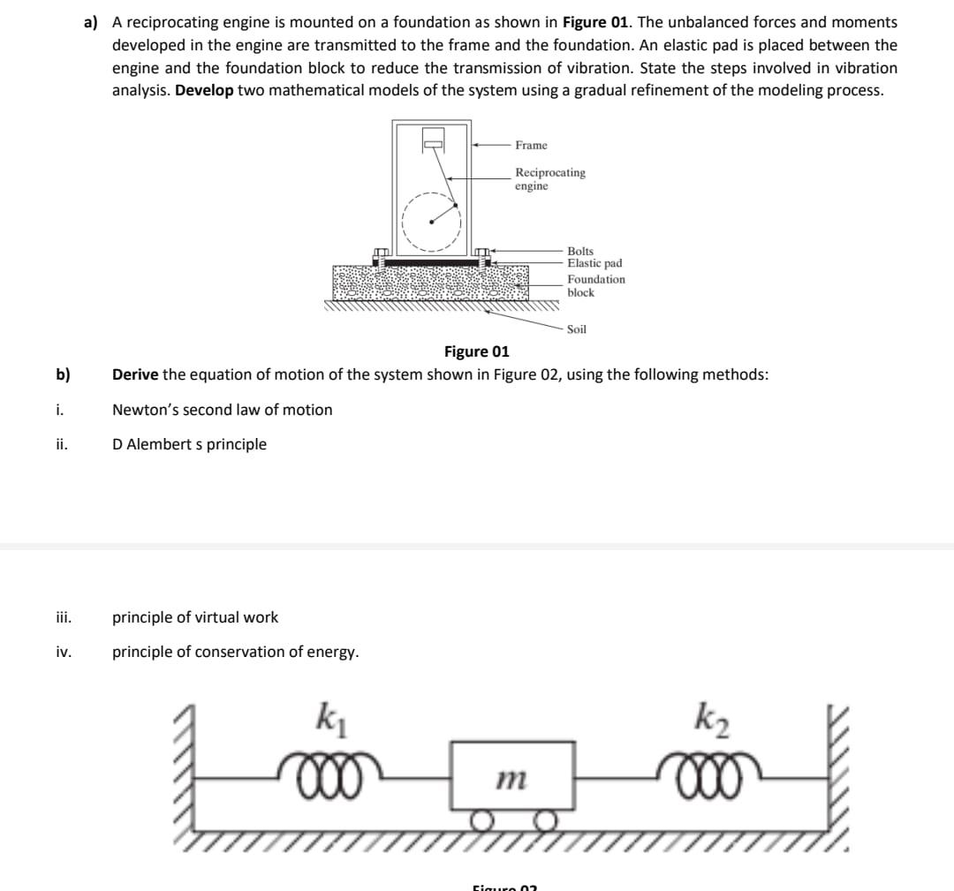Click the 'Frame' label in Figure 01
pyautogui.click(x=531, y=145)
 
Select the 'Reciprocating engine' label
pyautogui.click(x=549, y=179)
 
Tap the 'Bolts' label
pyautogui.click(x=580, y=251)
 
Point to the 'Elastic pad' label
pyautogui.click(x=594, y=263)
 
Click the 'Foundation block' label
pyautogui.click(x=595, y=285)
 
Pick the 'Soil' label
pyautogui.click(x=577, y=329)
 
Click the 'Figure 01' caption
pyautogui.click(x=476, y=352)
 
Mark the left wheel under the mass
pyautogui.click(x=481, y=824)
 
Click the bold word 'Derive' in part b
pyautogui.click(x=135, y=374)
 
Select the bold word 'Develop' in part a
pyautogui.click(x=204, y=91)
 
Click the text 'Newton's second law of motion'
pyautogui.click(x=223, y=410)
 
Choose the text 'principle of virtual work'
pyautogui.click(x=195, y=617)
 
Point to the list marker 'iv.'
pyautogui.click(x=64, y=653)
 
